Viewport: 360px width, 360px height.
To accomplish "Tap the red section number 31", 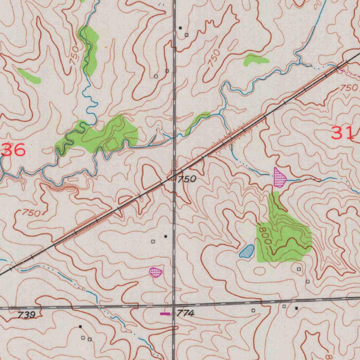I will [x=342, y=133].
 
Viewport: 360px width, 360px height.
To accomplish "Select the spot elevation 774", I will [x=185, y=313].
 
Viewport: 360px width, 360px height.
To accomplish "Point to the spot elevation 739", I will [x=27, y=315].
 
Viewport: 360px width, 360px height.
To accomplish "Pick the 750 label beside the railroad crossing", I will [x=186, y=179].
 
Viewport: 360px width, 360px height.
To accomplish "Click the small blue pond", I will [x=247, y=251].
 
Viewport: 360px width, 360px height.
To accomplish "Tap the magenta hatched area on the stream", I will [x=280, y=178].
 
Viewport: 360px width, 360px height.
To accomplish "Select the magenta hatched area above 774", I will [x=155, y=272].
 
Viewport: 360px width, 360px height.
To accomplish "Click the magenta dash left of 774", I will [x=165, y=313].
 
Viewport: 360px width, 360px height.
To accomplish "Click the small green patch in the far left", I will [x=30, y=76].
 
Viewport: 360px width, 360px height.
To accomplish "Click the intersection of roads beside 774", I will [x=174, y=305].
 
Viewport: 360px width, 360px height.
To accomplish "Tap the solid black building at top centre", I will [x=180, y=27].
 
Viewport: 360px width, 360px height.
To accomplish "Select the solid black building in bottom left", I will [x=80, y=327].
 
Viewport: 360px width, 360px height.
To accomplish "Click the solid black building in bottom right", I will [x=296, y=308].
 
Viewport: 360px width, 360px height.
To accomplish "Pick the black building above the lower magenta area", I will [x=166, y=237].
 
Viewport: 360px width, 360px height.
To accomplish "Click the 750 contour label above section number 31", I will [x=348, y=88].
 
